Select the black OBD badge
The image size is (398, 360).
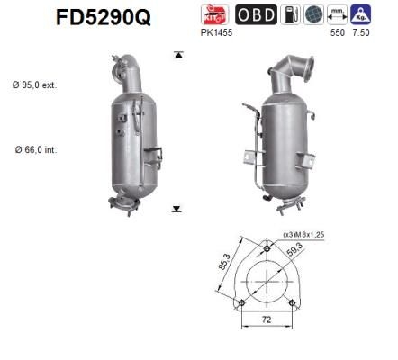[x=257, y=15]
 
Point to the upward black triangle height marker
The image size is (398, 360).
[x=178, y=56]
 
